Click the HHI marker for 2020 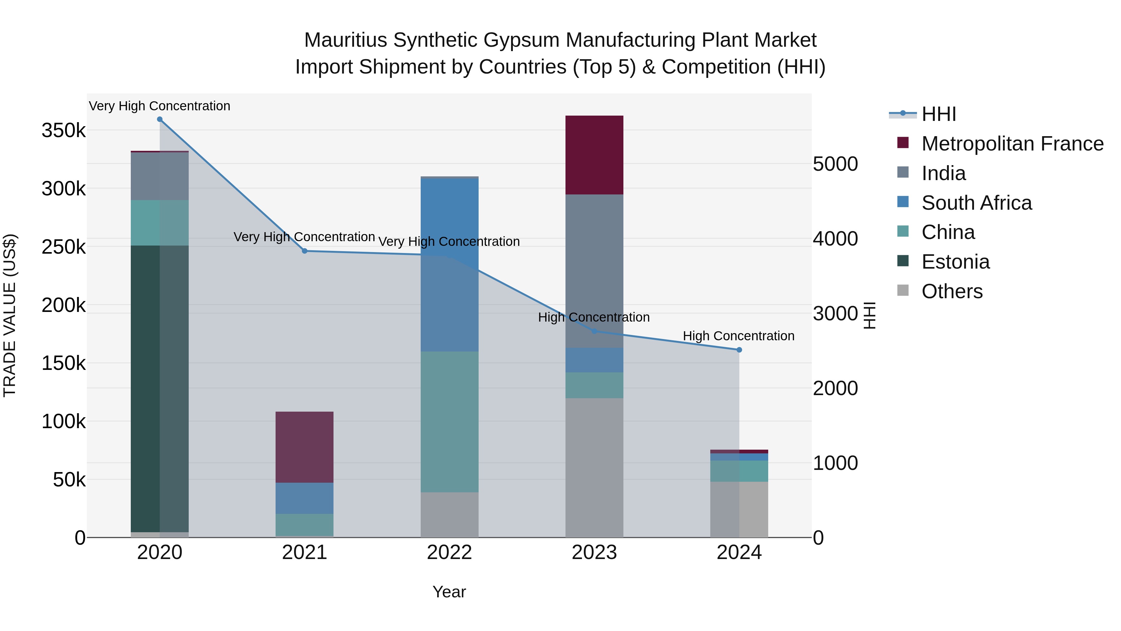(160, 119)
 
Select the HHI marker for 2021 (305, 251)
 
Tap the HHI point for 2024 (739, 350)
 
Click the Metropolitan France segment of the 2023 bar (594, 155)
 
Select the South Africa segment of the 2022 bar (450, 265)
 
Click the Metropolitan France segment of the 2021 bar (305, 447)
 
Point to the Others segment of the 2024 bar (739, 509)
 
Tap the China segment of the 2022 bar (450, 422)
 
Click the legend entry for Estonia (955, 262)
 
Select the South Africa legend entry (976, 203)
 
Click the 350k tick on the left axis (64, 131)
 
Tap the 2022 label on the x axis (450, 552)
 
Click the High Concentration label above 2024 (739, 336)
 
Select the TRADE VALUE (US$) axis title (10, 315)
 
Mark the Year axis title (449, 592)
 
